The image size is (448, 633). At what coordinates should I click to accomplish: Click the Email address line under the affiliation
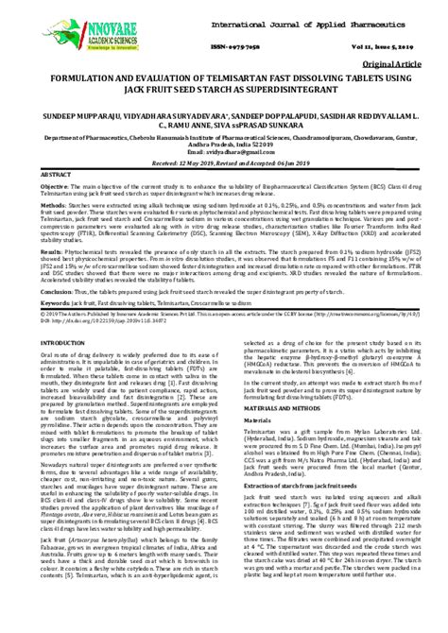[x=223, y=150]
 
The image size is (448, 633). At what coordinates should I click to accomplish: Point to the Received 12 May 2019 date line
[x=223, y=162]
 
